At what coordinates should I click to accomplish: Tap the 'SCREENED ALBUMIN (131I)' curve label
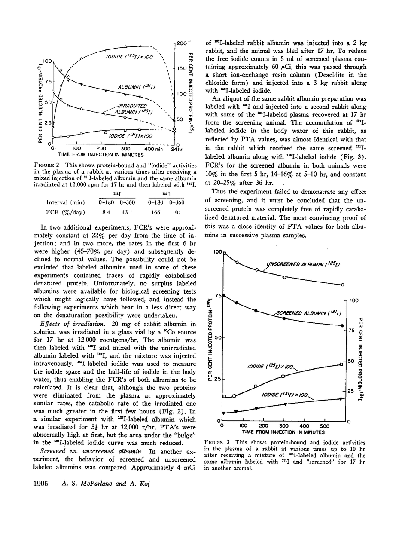pyautogui.click(x=305, y=313)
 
